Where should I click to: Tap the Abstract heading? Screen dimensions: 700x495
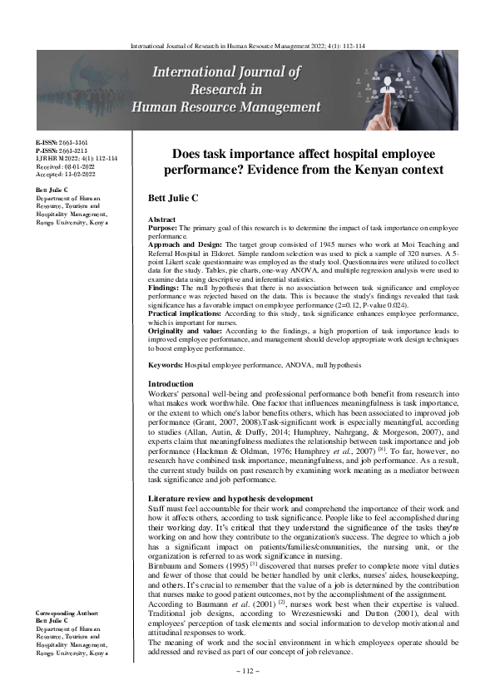click(161, 218)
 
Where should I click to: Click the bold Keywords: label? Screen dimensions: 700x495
click(165, 365)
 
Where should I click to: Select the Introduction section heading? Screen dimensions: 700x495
click(170, 383)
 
